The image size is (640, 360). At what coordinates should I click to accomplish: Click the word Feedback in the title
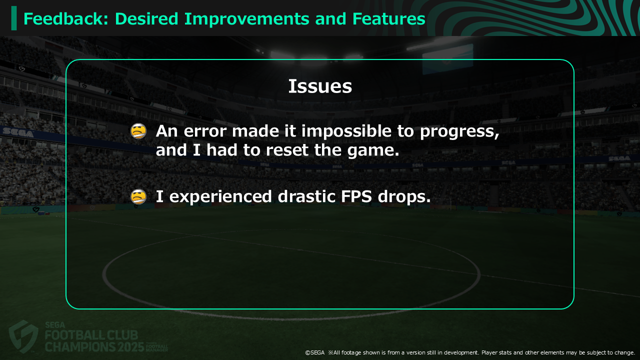(x=65, y=19)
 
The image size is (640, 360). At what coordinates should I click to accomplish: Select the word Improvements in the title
(x=247, y=19)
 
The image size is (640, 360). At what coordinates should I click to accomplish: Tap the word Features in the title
(x=389, y=19)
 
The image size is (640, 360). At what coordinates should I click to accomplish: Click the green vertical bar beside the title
(x=14, y=18)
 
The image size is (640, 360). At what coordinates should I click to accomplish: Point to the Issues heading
(x=320, y=86)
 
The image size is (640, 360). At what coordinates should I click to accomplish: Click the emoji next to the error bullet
(x=138, y=131)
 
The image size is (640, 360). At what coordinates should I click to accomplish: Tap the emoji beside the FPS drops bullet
(x=138, y=197)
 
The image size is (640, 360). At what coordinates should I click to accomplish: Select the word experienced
(x=220, y=197)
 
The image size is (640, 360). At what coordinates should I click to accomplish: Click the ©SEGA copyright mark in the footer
(x=315, y=353)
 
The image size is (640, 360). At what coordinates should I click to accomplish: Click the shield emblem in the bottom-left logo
(x=23, y=336)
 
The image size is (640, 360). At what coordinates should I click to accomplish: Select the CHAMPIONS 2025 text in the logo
(x=94, y=347)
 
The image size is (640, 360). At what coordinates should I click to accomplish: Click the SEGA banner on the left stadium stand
(x=17, y=132)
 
